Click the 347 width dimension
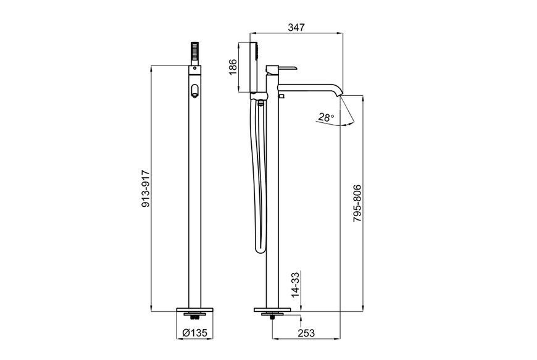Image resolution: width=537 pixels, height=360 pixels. pos(296,27)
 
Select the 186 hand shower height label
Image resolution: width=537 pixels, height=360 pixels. pos(233,67)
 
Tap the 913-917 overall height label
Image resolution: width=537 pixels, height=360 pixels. pos(146,188)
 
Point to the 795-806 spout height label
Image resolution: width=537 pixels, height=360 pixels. pos(357,203)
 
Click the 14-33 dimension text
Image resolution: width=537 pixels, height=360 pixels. pos(295,284)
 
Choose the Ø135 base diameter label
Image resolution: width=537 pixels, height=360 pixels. pos(194,333)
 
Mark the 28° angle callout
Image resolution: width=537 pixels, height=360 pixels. pos(326,117)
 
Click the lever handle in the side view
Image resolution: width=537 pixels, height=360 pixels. pos(281,69)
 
